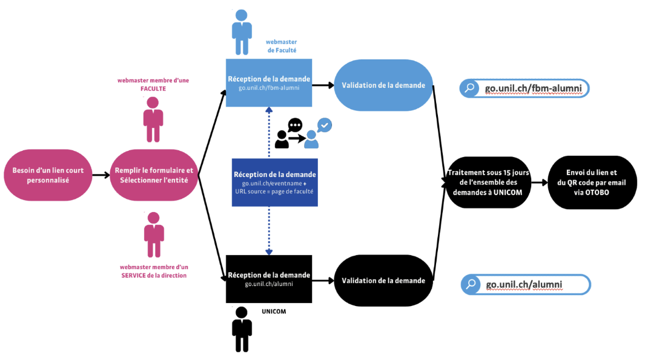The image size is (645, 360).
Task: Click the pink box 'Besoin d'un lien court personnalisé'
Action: pyautogui.click(x=48, y=175)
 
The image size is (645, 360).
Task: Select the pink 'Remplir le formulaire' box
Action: pyautogui.click(x=154, y=175)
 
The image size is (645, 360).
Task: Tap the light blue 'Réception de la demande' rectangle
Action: pyautogui.click(x=269, y=83)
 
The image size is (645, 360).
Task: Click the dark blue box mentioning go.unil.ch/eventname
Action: pyautogui.click(x=275, y=182)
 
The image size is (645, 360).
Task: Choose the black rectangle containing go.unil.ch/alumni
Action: pyautogui.click(x=269, y=279)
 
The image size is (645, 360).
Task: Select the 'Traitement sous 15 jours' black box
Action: pyautogui.click(x=488, y=182)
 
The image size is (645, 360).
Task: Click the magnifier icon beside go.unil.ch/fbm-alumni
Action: pyautogui.click(x=470, y=89)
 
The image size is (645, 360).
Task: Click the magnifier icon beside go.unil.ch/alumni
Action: pyautogui.click(x=471, y=284)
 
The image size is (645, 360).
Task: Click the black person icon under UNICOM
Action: pyautogui.click(x=242, y=329)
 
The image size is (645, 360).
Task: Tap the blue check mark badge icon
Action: pyautogui.click(x=325, y=125)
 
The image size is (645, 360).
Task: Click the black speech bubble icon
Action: pyautogui.click(x=295, y=125)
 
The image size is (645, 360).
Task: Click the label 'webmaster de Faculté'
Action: pyautogui.click(x=282, y=47)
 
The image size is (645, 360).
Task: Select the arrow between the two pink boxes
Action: pyautogui.click(x=101, y=175)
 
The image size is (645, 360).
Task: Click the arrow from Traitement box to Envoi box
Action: pyautogui.click(x=539, y=182)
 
